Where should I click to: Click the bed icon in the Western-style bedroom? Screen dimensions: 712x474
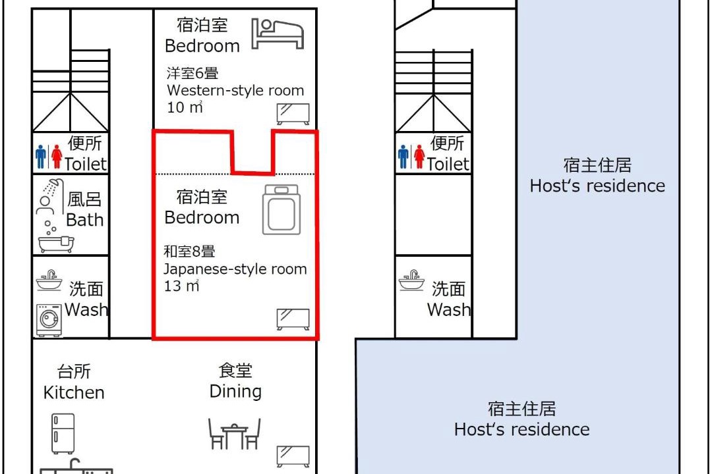coord(278,34)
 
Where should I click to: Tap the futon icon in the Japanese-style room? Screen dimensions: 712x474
coord(282,209)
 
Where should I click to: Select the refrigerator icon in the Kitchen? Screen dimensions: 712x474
coord(63,434)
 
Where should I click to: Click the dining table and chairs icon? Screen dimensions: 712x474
coord(234,434)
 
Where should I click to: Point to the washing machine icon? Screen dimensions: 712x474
coord(49,320)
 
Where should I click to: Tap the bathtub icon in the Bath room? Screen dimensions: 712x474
coord(56,244)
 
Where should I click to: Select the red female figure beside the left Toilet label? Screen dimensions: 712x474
coord(57,157)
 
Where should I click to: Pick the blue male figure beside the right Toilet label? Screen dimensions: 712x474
coord(403,157)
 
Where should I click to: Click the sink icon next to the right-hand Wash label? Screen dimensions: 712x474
coord(411,280)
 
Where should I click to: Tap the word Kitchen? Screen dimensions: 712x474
coord(74,392)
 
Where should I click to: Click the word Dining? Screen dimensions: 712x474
coord(235,392)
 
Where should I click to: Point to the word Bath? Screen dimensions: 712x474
coord(85,220)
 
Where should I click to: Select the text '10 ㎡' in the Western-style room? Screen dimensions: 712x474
coord(185,107)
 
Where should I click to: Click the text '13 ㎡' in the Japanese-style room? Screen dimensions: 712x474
coord(182,286)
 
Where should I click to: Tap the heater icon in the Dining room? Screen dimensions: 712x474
coord(293,456)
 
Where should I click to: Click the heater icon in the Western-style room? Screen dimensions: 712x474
coord(293,114)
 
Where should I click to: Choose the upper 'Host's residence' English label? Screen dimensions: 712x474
coord(597,186)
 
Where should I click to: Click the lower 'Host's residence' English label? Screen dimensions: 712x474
coord(522,429)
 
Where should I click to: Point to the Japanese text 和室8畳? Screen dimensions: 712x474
coord(189,251)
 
